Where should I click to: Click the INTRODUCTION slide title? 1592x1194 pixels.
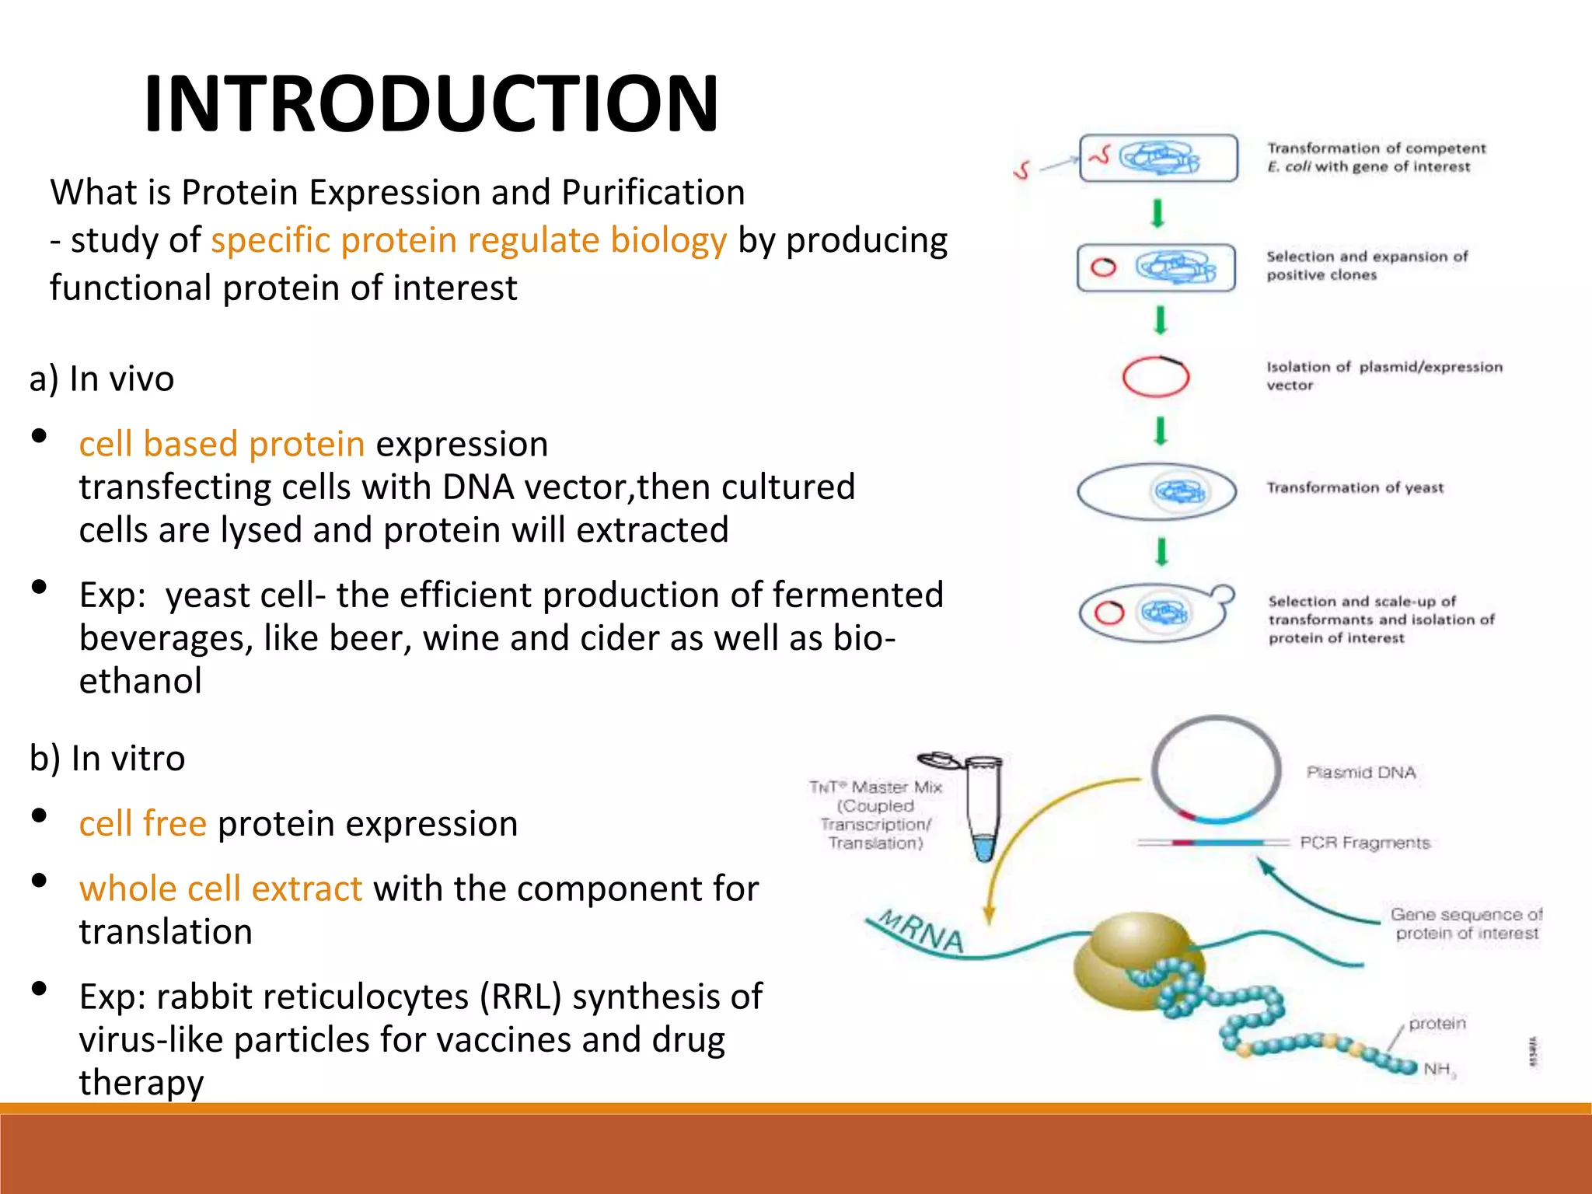(x=431, y=103)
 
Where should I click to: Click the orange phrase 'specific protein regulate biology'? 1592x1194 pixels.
(x=469, y=240)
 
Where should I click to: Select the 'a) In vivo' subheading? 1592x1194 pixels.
(x=102, y=379)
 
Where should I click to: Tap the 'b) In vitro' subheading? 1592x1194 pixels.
(x=107, y=759)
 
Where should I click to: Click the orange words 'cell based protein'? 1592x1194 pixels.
(x=222, y=445)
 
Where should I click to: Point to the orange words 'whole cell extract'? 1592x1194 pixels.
(x=220, y=889)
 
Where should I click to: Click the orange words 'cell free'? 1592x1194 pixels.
(x=142, y=824)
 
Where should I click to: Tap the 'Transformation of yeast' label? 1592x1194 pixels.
(x=1355, y=488)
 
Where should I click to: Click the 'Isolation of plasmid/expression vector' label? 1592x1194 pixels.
(x=1384, y=375)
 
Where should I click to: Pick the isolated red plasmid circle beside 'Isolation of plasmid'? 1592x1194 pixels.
(x=1155, y=377)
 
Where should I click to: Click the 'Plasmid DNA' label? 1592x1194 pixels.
(x=1361, y=773)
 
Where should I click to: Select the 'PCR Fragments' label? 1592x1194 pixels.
(x=1364, y=843)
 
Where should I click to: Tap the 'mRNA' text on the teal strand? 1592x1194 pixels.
(x=922, y=931)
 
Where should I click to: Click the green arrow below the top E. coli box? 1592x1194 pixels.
(x=1157, y=213)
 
